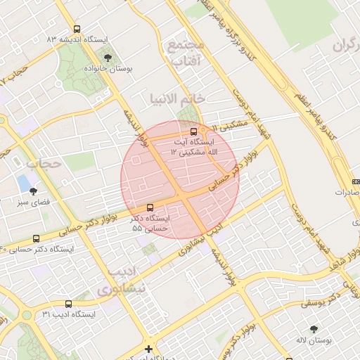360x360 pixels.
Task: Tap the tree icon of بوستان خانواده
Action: pos(108,58)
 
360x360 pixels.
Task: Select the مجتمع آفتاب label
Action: pos(185,53)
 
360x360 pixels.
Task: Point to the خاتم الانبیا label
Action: pos(176,98)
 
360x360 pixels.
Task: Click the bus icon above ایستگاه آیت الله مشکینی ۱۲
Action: pos(194,131)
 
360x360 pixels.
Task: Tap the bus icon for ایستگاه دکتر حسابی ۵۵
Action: pos(149,207)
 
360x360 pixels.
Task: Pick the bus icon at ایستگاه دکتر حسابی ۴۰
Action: pos(36,238)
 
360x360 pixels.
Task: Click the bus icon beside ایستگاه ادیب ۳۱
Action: pos(67,304)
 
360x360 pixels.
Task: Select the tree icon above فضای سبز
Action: pos(32,191)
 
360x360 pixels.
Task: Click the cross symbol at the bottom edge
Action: pos(148,349)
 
